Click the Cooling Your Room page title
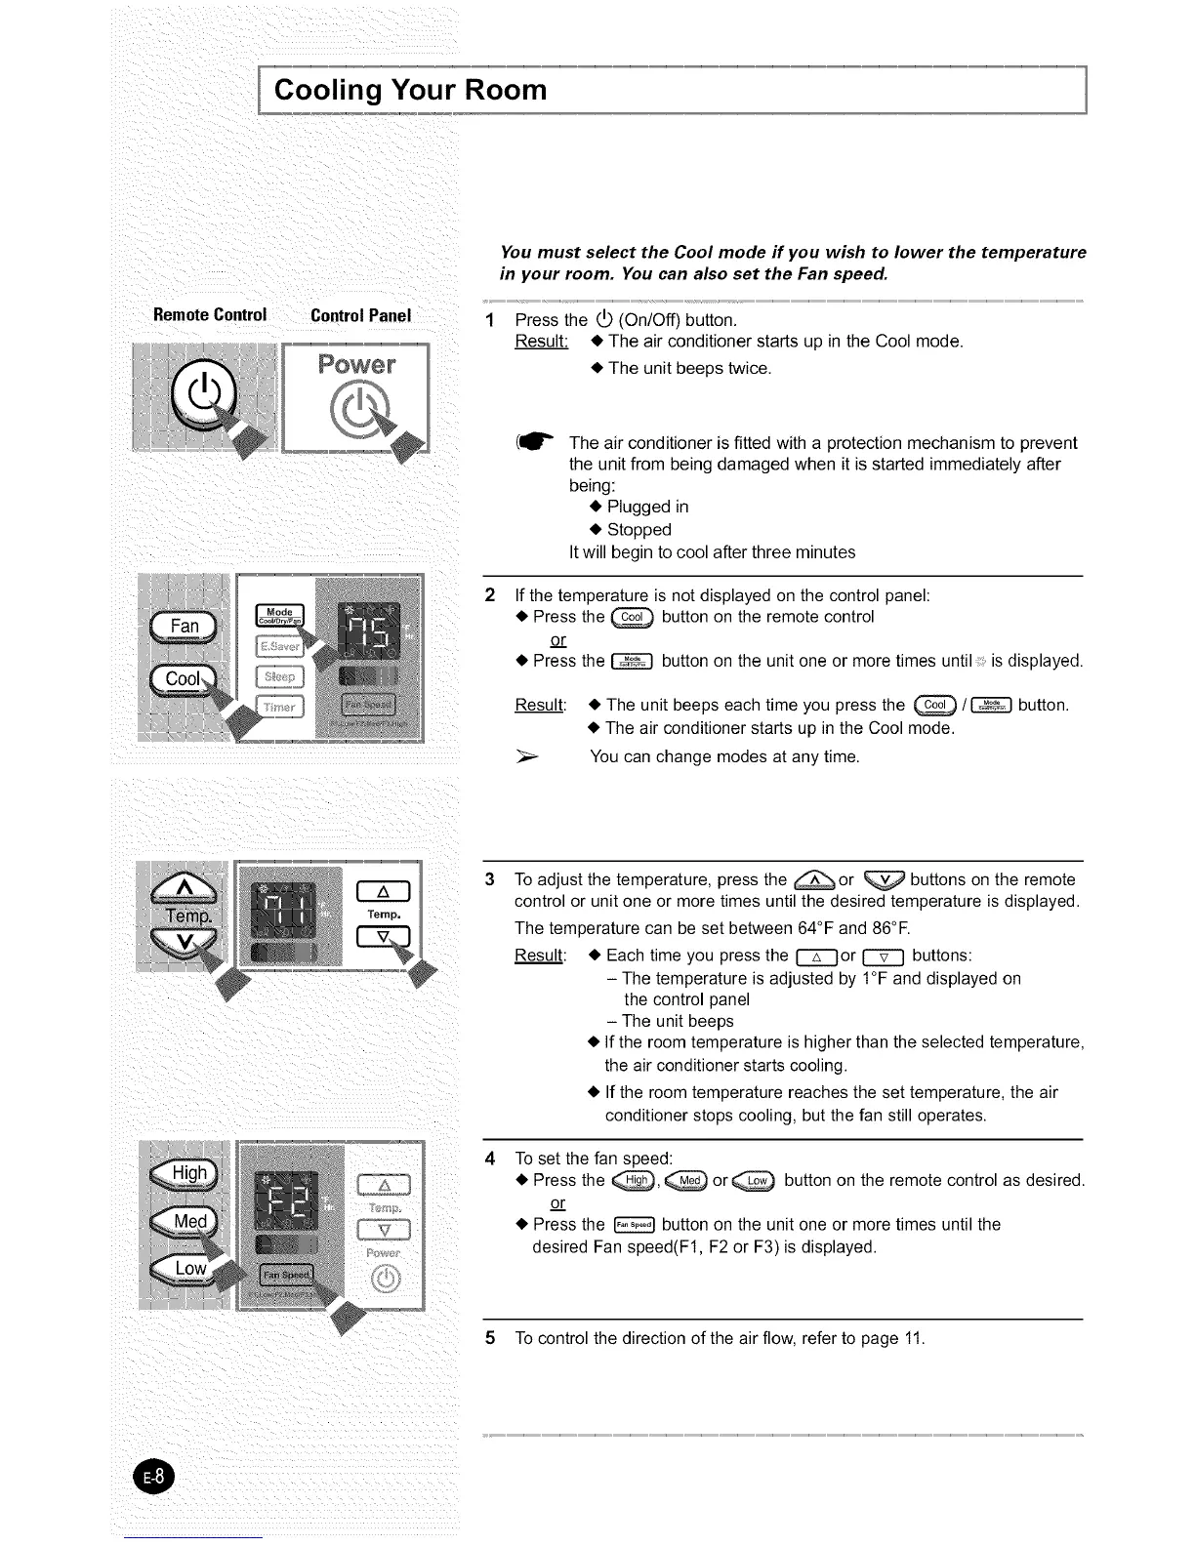pyautogui.click(x=410, y=90)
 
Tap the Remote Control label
pyautogui.click(x=210, y=315)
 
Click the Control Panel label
pyautogui.click(x=360, y=315)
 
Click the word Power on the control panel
pyautogui.click(x=356, y=365)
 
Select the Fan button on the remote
pyautogui.click(x=185, y=627)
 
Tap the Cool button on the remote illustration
pyautogui.click(x=184, y=679)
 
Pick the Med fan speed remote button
pyautogui.click(x=189, y=1222)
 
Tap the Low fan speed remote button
pyautogui.click(x=189, y=1269)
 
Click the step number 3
pyautogui.click(x=490, y=879)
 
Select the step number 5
pyautogui.click(x=490, y=1337)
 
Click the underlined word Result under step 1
pyautogui.click(x=541, y=342)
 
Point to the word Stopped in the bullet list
pyautogui.click(x=639, y=530)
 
